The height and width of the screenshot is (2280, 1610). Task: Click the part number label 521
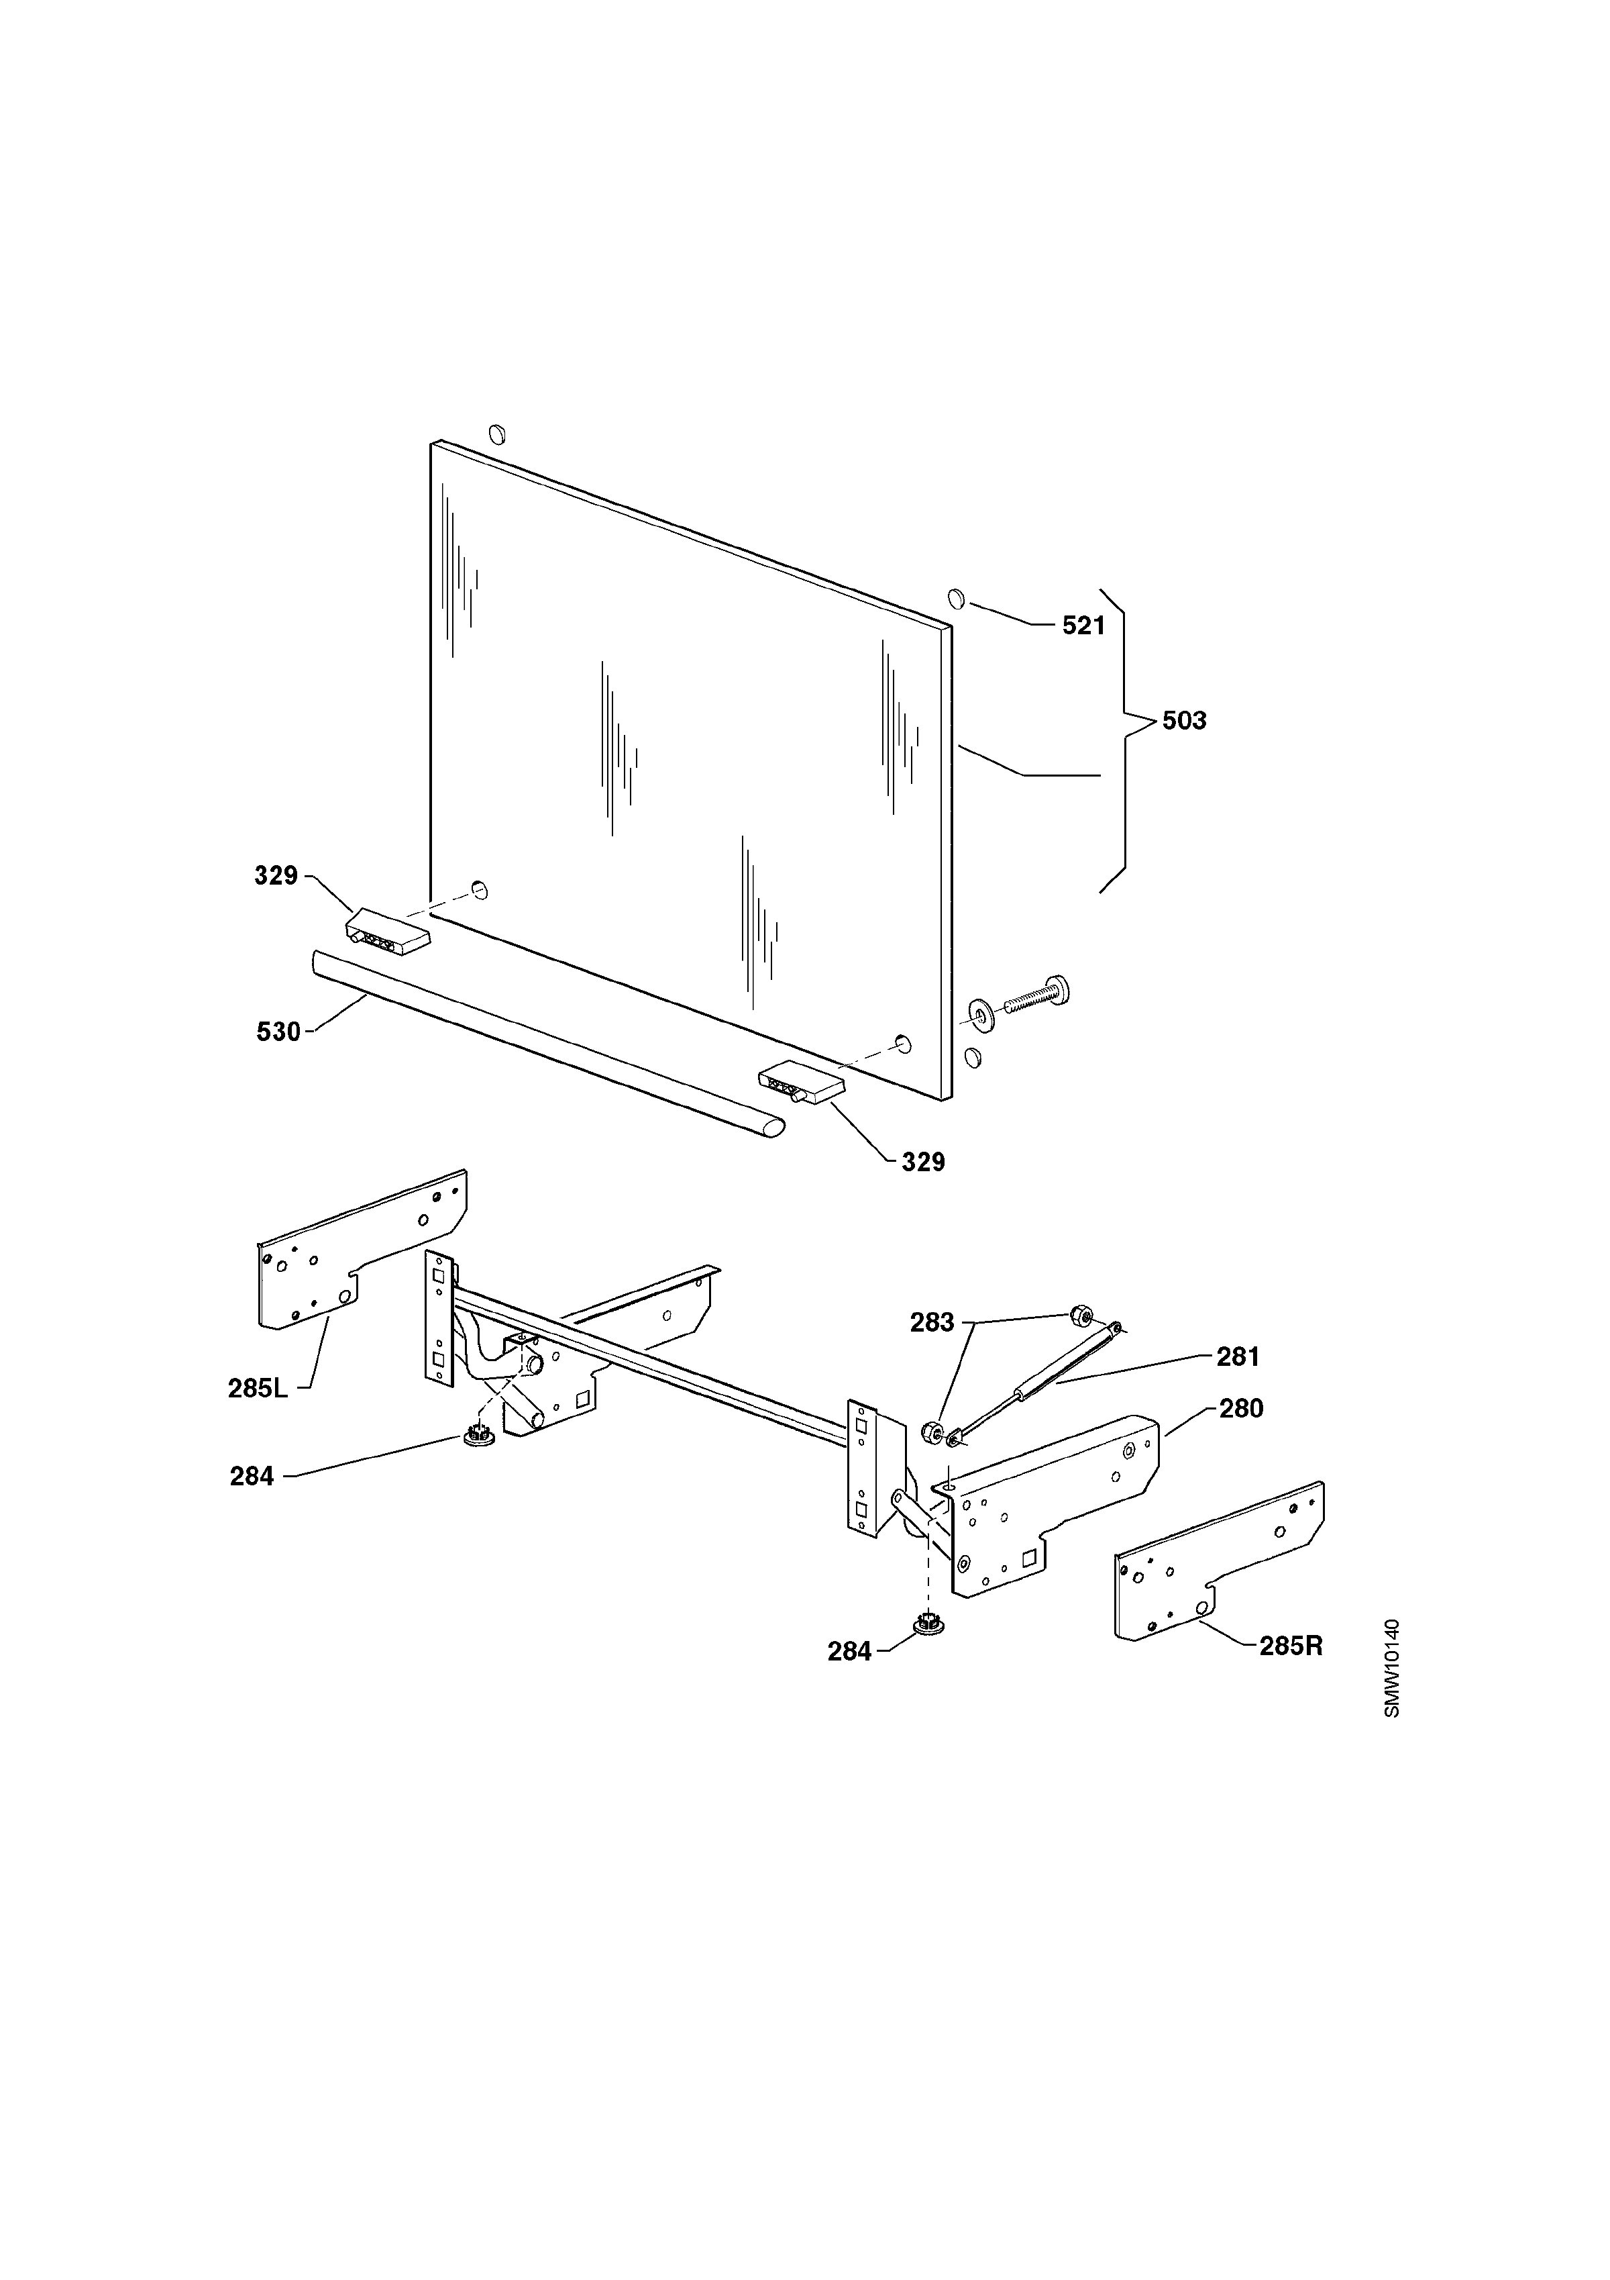click(x=1084, y=626)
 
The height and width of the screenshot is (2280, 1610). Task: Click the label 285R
click(x=1291, y=1646)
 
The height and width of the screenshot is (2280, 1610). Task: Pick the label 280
click(x=1241, y=1408)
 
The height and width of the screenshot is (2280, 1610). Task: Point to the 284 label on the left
click(x=252, y=1477)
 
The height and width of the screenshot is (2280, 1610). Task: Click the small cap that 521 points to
click(x=956, y=598)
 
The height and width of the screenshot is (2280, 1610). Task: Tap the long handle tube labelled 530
click(x=547, y=1043)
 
